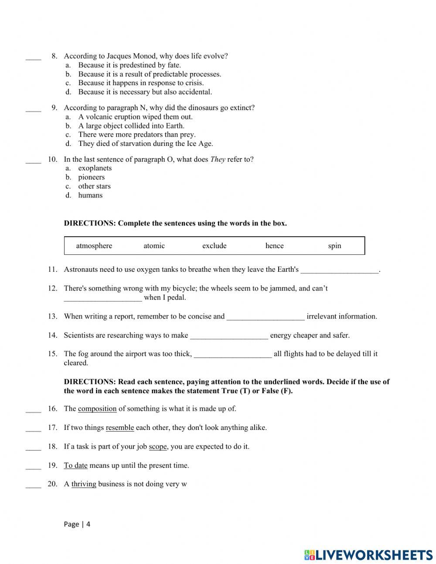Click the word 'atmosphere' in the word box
click(94, 246)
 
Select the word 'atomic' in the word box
click(154, 246)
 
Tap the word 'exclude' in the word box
click(214, 246)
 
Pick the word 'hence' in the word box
click(274, 246)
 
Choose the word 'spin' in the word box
click(334, 246)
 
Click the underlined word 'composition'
click(97, 409)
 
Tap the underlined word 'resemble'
click(119, 428)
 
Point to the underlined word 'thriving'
click(84, 484)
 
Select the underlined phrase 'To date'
click(75, 465)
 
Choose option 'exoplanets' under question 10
click(95, 168)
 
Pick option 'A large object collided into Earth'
click(131, 126)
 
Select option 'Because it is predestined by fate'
click(129, 65)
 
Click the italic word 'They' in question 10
click(218, 159)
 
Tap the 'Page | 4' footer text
click(77, 524)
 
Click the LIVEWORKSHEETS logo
click(368, 555)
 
